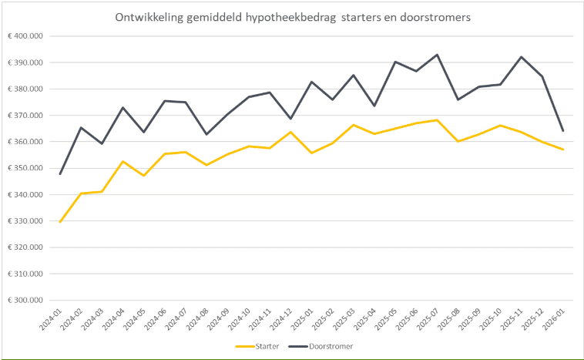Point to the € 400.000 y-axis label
pos(26,36)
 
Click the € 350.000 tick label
pos(26,168)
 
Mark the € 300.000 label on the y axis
pos(26,301)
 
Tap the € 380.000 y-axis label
pos(26,89)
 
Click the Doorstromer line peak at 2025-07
pos(438,55)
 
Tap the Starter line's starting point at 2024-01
pos(60,222)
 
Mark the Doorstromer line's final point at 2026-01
pos(563,130)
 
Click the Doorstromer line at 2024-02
pos(81,127)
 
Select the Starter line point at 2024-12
pos(290,132)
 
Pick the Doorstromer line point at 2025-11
pos(522,57)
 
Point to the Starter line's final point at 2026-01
pos(563,150)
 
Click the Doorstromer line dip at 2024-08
pos(206,134)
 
